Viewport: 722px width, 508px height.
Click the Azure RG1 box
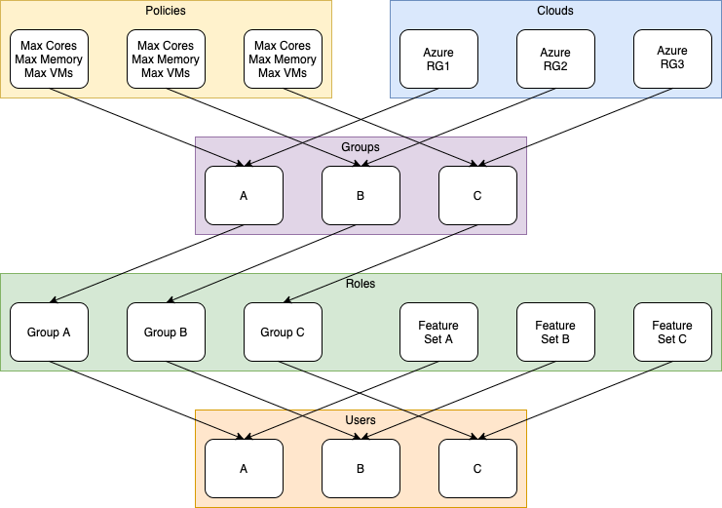click(438, 59)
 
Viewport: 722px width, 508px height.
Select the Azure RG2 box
click(555, 59)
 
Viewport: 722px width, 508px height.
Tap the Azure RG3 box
click(672, 59)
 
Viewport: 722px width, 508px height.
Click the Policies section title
click(166, 11)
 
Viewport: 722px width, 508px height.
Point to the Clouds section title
click(555, 11)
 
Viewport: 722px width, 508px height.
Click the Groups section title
click(361, 147)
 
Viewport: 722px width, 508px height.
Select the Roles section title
click(361, 284)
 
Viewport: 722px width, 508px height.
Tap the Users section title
click(361, 420)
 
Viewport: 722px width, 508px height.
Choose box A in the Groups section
click(244, 195)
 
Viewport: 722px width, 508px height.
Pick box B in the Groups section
click(361, 195)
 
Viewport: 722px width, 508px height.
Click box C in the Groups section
click(477, 195)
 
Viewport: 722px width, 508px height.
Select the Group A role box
click(49, 332)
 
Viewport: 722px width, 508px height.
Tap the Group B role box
click(166, 332)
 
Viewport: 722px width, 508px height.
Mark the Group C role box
click(283, 332)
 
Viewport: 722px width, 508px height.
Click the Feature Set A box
click(438, 332)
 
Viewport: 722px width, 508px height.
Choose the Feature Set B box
click(555, 332)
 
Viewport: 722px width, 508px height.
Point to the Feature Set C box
click(672, 332)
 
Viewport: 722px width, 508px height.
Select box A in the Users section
click(244, 468)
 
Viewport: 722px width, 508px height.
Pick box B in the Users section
click(361, 468)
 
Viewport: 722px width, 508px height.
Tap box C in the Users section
click(477, 468)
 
